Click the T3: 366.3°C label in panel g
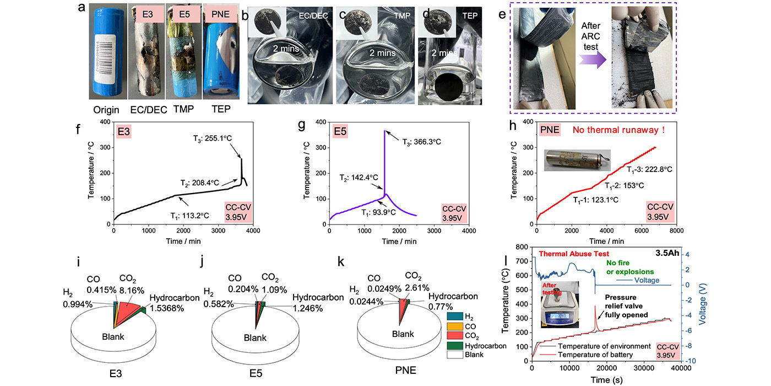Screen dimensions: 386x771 pos(417,142)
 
